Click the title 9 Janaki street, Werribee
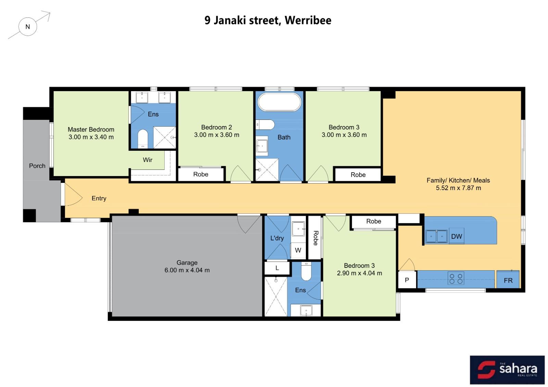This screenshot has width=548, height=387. point(268,20)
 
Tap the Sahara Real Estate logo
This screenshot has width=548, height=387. point(507,370)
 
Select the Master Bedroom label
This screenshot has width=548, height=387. point(91,129)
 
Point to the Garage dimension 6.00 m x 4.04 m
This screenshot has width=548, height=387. point(187,270)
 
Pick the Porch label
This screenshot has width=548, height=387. point(37,166)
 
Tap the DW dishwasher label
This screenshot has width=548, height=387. point(457,236)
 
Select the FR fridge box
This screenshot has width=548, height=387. point(508,279)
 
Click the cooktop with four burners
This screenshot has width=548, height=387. point(456,278)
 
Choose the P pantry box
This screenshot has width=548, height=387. point(407,279)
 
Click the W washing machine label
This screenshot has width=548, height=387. point(298,250)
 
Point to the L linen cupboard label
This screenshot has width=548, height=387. point(277,268)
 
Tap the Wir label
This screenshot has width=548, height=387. point(148,160)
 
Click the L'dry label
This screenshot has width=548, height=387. point(277,238)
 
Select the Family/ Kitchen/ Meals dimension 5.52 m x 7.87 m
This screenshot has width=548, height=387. point(459,188)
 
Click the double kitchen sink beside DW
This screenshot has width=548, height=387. point(436,236)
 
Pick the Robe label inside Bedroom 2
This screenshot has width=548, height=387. point(201,174)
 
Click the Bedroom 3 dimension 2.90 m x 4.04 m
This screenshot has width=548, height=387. point(359,273)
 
